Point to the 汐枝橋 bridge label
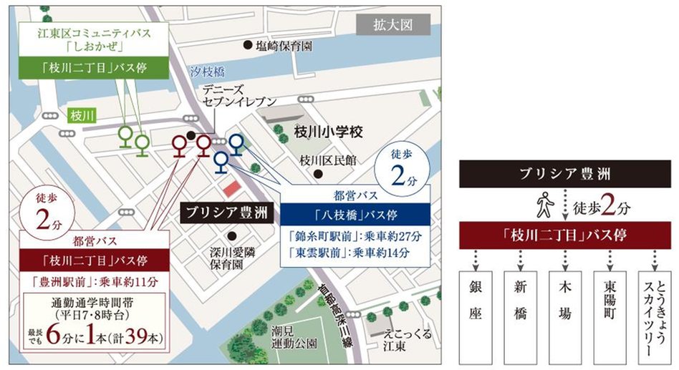pyautogui.click(x=207, y=72)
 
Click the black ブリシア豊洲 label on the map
pyautogui.click(x=225, y=213)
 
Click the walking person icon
pyautogui.click(x=543, y=208)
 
